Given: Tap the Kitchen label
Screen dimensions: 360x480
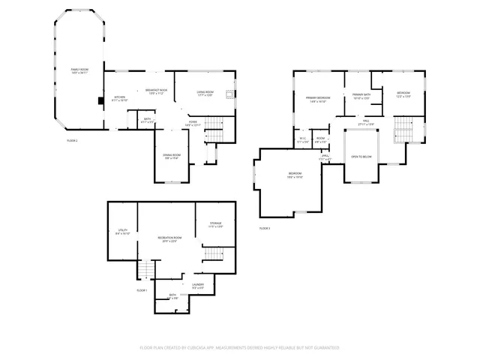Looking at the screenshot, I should pyautogui.click(x=120, y=98).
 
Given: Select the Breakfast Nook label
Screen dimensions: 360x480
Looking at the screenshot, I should pyautogui.click(x=156, y=91).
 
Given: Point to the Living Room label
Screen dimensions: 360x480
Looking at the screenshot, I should pyautogui.click(x=205, y=94).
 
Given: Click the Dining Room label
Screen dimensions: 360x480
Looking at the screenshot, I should pyautogui.click(x=172, y=157).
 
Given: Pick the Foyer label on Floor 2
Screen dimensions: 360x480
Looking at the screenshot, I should pyautogui.click(x=193, y=123).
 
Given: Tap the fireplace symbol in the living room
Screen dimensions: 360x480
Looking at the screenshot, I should pyautogui.click(x=232, y=94).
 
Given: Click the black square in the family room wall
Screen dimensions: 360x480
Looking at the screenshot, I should pyautogui.click(x=100, y=100).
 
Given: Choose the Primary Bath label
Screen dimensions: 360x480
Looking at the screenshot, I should pyautogui.click(x=361, y=95).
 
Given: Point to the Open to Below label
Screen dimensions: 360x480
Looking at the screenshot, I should pyautogui.click(x=361, y=157).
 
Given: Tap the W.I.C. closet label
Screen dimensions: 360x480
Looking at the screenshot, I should pyautogui.click(x=302, y=139).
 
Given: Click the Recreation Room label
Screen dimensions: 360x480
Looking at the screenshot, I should pyautogui.click(x=167, y=239).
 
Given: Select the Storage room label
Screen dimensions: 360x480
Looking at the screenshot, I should pyautogui.click(x=215, y=224).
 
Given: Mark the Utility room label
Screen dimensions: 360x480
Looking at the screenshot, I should pyautogui.click(x=123, y=232).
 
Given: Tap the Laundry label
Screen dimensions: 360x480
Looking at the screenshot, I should pyautogui.click(x=198, y=285).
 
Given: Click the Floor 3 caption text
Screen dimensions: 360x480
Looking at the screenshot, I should pyautogui.click(x=265, y=228).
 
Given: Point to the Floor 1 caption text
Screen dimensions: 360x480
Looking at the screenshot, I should pyautogui.click(x=142, y=289).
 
